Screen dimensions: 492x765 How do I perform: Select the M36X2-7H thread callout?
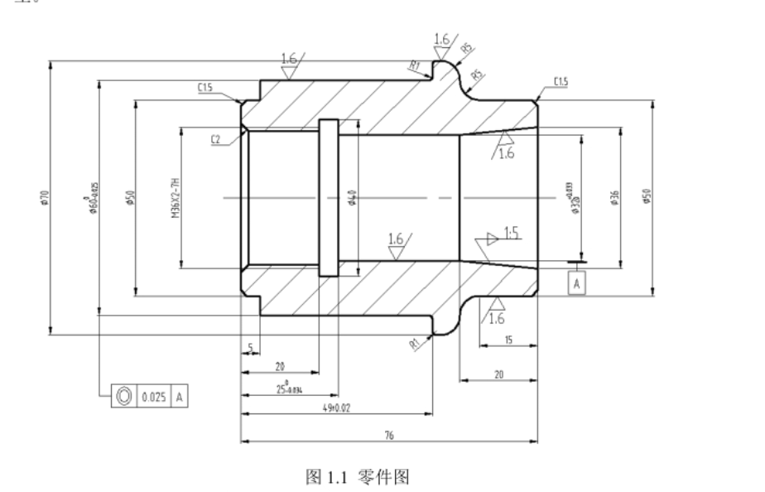pos(176,199)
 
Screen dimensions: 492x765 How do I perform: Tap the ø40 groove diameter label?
pos(352,199)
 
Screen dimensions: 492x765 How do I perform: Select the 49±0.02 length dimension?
pos(338,408)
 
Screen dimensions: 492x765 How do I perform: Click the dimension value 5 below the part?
pos(248,347)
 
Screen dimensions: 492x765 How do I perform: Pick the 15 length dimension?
pos(508,340)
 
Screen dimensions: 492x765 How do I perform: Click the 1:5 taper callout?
pos(510,234)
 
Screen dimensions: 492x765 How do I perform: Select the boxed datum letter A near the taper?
pos(577,283)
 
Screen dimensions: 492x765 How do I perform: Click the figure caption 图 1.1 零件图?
pos(358,476)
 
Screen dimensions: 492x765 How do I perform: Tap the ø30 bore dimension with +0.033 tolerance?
pos(574,199)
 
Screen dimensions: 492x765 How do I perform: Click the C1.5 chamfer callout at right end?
pos(560,81)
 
